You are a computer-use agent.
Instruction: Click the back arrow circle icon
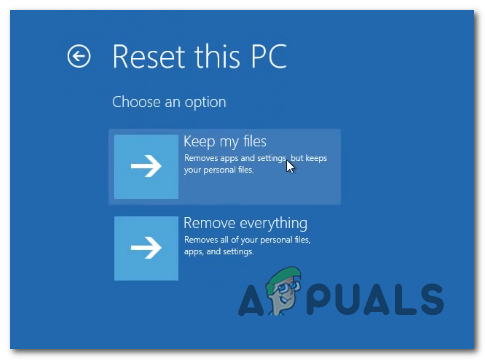pos(78,56)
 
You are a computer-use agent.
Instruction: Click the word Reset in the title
pos(147,56)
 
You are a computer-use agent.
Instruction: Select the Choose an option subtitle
pos(168,102)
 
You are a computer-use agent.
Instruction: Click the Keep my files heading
pos(225,141)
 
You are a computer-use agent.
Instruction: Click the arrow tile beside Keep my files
pos(146,166)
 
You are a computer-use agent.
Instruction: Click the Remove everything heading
pos(245,222)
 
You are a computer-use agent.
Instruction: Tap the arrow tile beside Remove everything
pos(146,248)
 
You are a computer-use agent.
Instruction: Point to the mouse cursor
pos(290,165)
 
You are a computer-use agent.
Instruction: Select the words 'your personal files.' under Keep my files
pos(218,170)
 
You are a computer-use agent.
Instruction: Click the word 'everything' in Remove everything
pos(271,222)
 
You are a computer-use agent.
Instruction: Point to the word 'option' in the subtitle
pos(205,102)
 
